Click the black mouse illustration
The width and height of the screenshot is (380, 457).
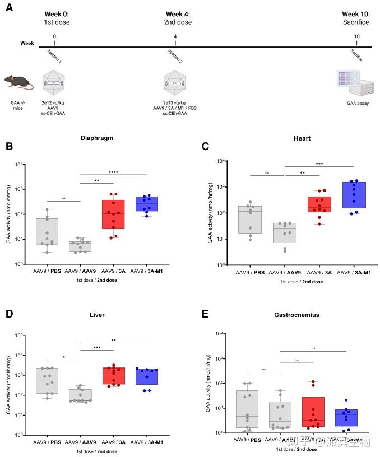[x=18, y=82]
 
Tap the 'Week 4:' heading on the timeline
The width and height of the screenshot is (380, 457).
[x=178, y=14]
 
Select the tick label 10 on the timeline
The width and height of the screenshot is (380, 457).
[x=356, y=36]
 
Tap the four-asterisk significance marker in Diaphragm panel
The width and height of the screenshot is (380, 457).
[x=113, y=172]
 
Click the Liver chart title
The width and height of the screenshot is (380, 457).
[x=98, y=315]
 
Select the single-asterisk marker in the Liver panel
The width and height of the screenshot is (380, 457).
[x=64, y=356]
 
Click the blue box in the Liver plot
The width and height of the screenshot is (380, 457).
[x=147, y=376]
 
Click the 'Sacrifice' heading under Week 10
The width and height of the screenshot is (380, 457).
[x=357, y=22]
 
